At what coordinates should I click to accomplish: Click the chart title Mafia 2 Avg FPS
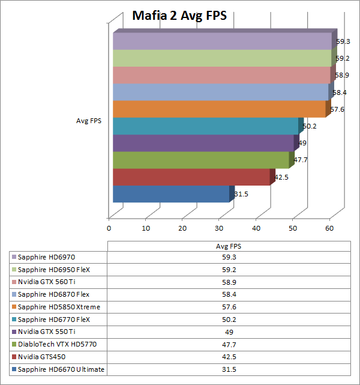pos(179,16)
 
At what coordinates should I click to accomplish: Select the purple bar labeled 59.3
pos(222,41)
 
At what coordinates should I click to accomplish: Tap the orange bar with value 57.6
pos(219,109)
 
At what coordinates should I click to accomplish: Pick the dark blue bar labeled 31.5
pos(171,195)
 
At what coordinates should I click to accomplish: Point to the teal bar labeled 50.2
pos(205,126)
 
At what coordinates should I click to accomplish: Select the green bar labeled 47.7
pos(201,160)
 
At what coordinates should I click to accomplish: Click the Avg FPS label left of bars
pos(89,121)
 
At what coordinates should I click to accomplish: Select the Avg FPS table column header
pos(228,246)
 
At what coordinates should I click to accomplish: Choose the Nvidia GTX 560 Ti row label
pos(47,282)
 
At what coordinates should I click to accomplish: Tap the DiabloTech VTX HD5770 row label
pos(53,344)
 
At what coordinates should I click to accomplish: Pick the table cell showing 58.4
pos(228,295)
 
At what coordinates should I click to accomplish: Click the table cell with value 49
pos(228,332)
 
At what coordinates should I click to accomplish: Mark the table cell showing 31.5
pos(228,369)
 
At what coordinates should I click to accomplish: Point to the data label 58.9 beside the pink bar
pos(342,75)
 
